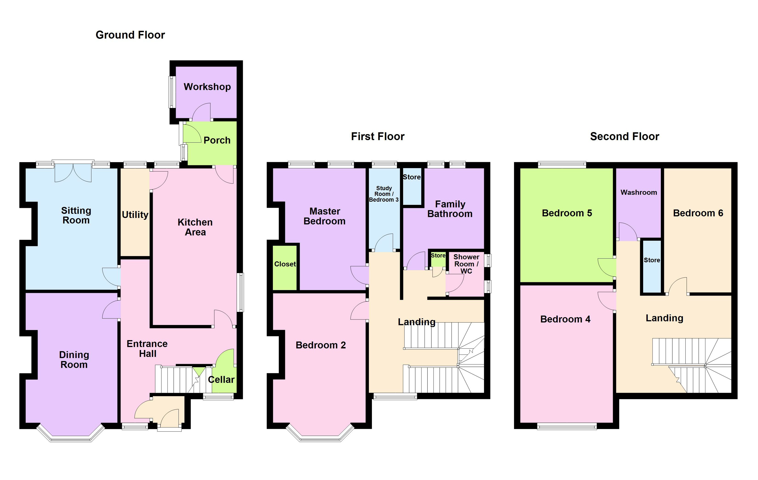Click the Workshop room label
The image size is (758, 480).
207,87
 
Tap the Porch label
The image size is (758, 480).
217,140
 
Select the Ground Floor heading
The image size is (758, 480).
130,35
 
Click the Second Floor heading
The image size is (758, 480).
624,137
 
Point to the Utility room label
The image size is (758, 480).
135,215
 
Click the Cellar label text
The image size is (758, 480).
221,380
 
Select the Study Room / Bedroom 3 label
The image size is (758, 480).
384,194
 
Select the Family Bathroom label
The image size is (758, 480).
450,209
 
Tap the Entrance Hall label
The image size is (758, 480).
147,349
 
